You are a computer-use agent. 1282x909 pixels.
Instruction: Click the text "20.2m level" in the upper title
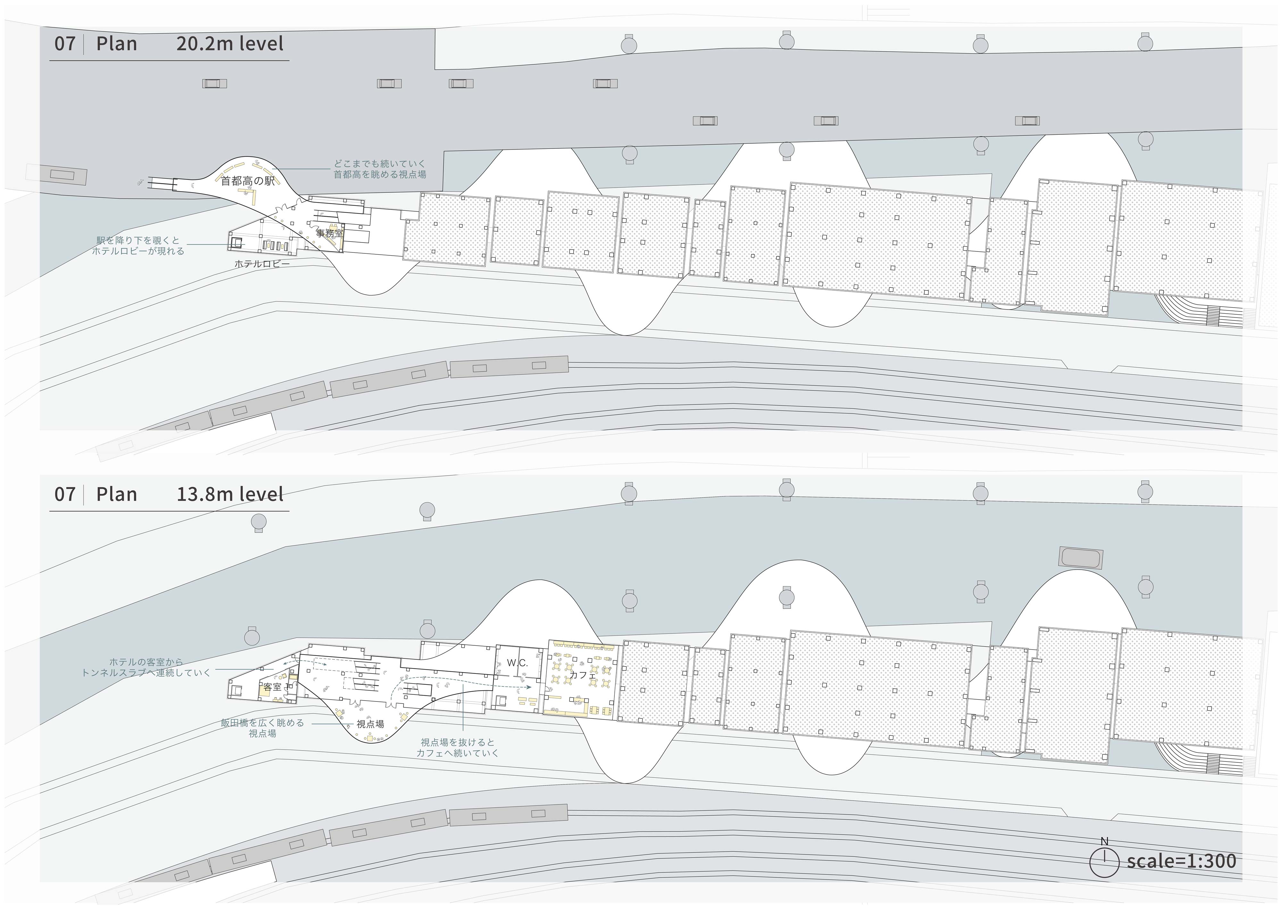pos(229,44)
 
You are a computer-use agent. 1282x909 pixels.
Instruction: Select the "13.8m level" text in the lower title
pos(230,494)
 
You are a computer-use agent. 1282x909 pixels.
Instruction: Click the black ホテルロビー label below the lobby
pos(262,263)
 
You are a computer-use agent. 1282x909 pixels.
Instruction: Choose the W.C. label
pos(517,663)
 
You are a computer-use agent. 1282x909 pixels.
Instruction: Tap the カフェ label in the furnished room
pos(583,675)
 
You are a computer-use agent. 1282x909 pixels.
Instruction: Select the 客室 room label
pos(272,687)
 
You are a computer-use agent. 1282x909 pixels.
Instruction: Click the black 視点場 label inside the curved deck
pos(370,724)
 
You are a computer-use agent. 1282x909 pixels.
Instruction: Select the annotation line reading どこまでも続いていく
pos(380,164)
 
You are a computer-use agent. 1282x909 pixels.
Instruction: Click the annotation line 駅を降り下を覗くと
pos(138,240)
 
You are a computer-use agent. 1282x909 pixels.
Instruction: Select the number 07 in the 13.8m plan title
pos(65,494)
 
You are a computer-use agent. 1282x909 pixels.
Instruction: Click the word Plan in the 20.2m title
pos(116,44)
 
